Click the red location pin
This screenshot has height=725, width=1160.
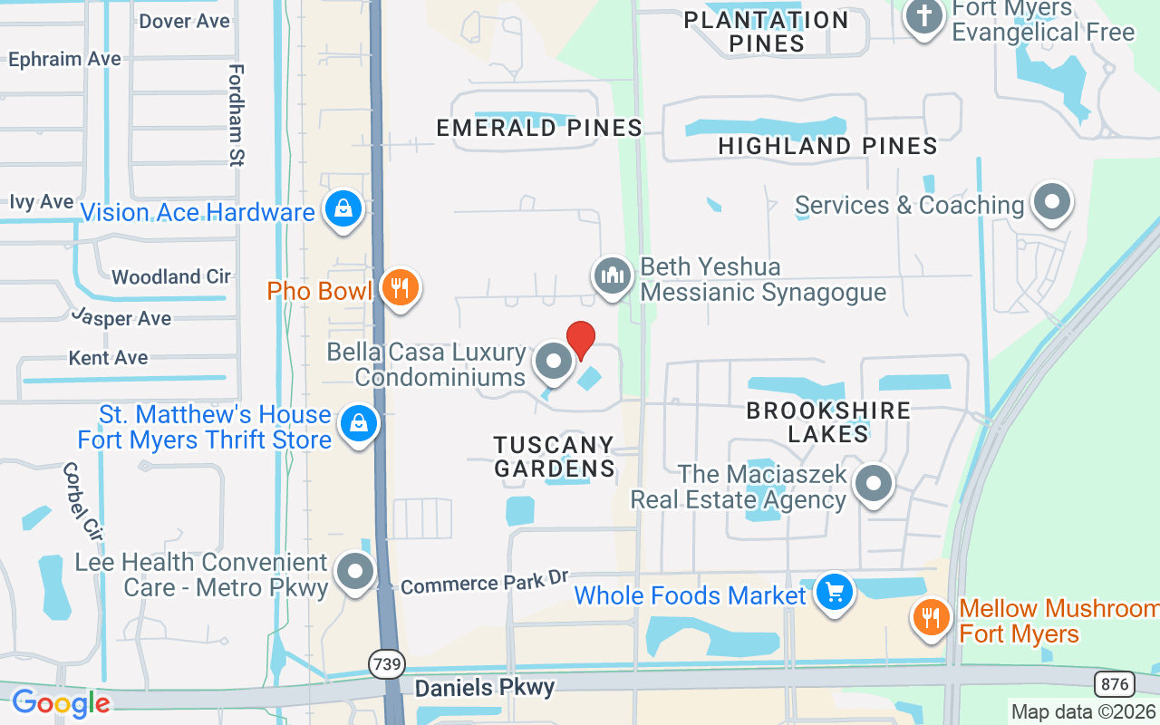pos(580,340)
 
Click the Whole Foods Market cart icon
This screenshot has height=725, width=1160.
pos(833,593)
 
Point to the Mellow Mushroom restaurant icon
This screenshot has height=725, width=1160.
pos(929,618)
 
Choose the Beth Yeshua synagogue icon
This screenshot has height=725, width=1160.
pos(613,275)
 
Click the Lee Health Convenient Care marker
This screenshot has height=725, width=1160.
pos(354,572)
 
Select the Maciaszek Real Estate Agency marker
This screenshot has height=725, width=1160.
pos(874,484)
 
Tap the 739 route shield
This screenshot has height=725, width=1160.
pos(386,664)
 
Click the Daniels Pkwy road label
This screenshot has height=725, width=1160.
pos(484,687)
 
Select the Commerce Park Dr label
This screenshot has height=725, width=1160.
pos(484,583)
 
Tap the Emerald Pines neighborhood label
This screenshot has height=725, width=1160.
pos(539,128)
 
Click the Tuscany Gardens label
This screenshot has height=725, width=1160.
pos(554,456)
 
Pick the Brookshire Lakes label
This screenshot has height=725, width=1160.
pos(827,421)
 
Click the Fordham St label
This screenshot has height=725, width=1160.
pos(237,115)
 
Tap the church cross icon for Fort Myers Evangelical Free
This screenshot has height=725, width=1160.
pos(924,17)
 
